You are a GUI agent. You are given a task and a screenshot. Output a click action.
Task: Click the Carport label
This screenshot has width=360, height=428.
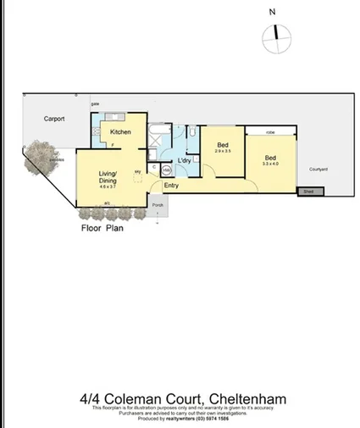pos(54,120)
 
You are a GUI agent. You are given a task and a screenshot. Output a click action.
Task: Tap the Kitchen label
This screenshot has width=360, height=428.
pos(119,132)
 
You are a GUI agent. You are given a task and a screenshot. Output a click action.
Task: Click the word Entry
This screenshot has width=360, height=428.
pos(171,186)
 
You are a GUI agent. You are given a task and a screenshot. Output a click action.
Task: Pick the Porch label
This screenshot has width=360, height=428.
pos(157,205)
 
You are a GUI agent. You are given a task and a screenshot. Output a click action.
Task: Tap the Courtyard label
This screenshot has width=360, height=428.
pos(318,170)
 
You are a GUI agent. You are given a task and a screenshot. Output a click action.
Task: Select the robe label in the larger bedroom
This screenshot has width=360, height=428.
pos(270,132)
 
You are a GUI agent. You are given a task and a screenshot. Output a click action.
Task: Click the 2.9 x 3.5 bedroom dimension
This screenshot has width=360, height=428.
pos(223,152)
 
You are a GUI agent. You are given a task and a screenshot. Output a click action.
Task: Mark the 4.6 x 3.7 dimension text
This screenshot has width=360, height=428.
pos(108,186)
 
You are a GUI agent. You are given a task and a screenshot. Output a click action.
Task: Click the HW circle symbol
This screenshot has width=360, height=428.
pos(166,170)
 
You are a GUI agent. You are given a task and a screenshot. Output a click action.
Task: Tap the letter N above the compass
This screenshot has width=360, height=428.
pos(272,12)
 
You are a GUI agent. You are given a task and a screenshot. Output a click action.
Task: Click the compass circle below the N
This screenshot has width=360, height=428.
pos(275,33)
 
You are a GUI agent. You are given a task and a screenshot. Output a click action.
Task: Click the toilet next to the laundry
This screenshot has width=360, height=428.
pos(191,133)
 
